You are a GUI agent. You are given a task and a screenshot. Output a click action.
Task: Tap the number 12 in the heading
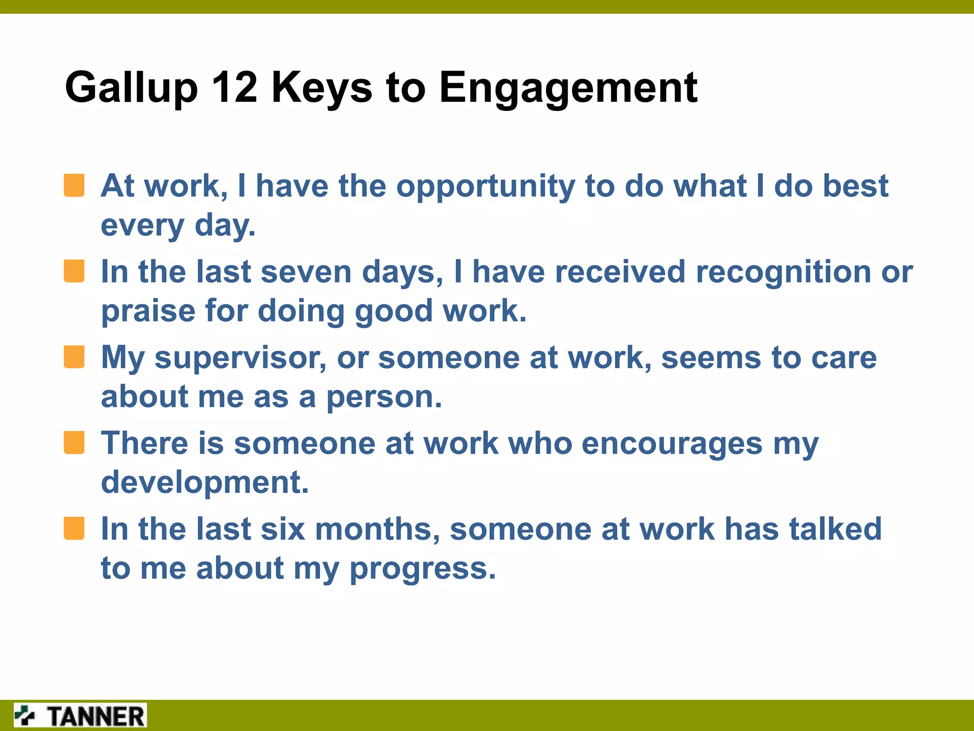[234, 87]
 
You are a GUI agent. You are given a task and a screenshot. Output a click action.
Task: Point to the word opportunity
[486, 187]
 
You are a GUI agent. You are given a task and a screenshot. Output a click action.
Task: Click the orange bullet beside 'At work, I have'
[74, 185]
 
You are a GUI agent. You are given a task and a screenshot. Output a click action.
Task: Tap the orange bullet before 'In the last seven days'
[74, 271]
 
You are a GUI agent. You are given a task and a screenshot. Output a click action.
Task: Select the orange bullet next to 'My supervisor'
[74, 357]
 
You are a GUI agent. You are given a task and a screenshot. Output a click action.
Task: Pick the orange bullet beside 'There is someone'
[74, 443]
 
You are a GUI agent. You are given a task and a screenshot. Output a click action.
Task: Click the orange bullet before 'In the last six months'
[74, 529]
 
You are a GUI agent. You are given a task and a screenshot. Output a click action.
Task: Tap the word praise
[148, 312]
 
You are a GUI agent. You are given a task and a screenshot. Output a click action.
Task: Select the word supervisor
[240, 358]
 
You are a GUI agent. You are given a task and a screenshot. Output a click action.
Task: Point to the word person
[383, 397]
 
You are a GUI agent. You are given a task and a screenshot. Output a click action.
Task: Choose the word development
[205, 483]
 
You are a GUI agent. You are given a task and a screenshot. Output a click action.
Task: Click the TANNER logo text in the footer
[95, 716]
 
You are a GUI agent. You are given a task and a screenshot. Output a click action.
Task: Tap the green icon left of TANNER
[25, 715]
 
